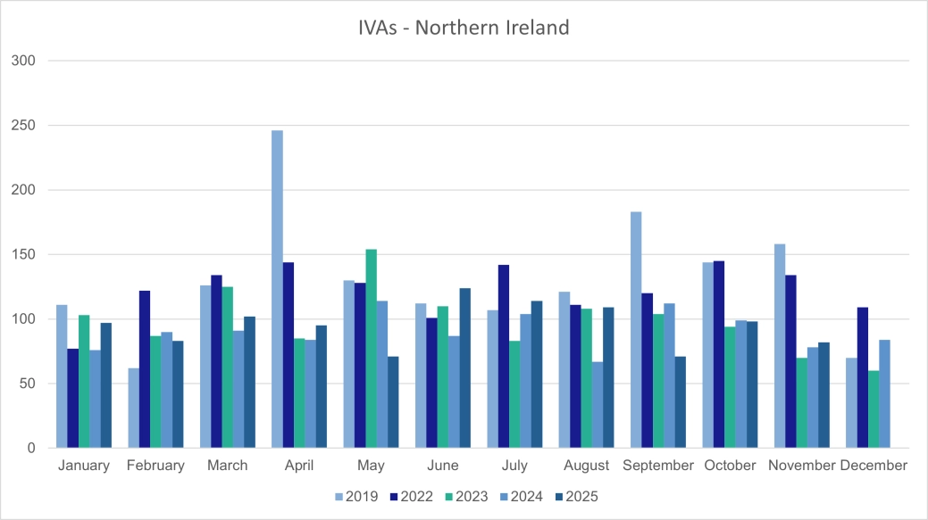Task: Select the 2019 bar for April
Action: point(277,289)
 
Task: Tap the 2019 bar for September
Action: point(636,330)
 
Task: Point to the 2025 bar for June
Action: point(464,367)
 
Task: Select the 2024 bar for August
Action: point(598,405)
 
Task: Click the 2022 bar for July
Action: point(504,356)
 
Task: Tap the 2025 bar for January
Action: point(106,385)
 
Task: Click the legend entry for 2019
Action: point(355,497)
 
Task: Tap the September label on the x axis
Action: point(658,466)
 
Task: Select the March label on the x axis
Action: point(227,466)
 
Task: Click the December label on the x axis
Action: point(874,466)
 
